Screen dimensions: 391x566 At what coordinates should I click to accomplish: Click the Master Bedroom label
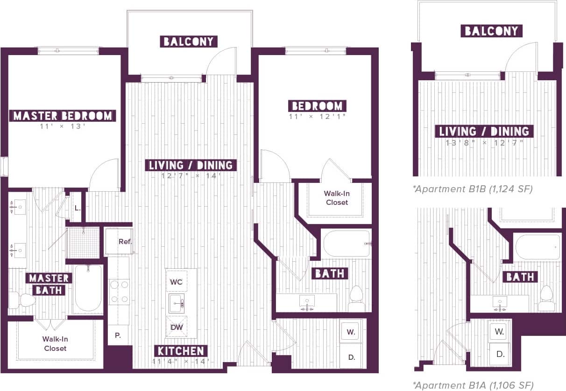coord(63,116)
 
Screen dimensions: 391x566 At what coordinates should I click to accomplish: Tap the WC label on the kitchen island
coord(177,282)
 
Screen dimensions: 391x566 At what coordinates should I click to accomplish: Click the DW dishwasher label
coord(177,327)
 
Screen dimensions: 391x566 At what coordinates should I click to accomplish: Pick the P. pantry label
coord(117,335)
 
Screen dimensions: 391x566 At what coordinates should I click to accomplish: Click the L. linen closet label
coord(78,208)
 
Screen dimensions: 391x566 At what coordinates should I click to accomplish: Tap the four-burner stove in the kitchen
coord(119,292)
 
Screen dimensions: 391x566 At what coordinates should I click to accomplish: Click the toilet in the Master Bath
coord(23,300)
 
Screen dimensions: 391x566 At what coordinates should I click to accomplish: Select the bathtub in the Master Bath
coord(88,288)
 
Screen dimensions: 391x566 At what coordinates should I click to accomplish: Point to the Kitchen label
coord(180,351)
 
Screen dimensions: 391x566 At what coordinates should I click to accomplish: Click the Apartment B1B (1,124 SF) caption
coord(473,189)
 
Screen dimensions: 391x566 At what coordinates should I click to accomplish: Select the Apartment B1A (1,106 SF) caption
coord(473,385)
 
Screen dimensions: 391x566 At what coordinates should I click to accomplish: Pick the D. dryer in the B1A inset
coord(500,354)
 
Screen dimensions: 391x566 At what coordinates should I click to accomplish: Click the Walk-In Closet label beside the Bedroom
coord(336,198)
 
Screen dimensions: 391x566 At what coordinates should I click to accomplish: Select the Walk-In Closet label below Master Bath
coord(55,344)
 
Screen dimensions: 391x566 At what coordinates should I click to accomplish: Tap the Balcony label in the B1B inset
coord(491,31)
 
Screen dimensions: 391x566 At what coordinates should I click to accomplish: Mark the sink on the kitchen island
coord(177,304)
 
